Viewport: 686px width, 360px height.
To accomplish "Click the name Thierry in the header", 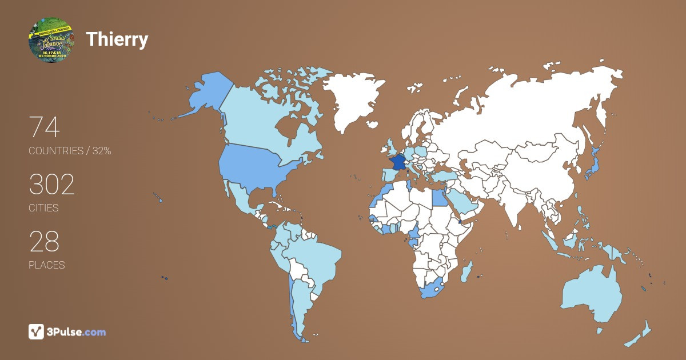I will point(117,39).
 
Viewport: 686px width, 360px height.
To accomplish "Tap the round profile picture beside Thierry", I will point(51,39).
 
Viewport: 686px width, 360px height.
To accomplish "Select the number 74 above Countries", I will point(44,127).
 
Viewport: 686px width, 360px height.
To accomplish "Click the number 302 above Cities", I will point(52,185).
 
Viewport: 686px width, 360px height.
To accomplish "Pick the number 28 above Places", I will point(44,241).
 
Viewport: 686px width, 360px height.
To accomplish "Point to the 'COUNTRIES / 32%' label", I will point(70,151).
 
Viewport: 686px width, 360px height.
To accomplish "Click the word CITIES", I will point(43,208).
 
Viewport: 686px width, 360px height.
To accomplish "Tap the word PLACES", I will point(46,265).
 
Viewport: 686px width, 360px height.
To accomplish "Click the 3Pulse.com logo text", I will point(77,331).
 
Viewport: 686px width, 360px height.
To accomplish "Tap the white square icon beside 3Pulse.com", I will point(37,331).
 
